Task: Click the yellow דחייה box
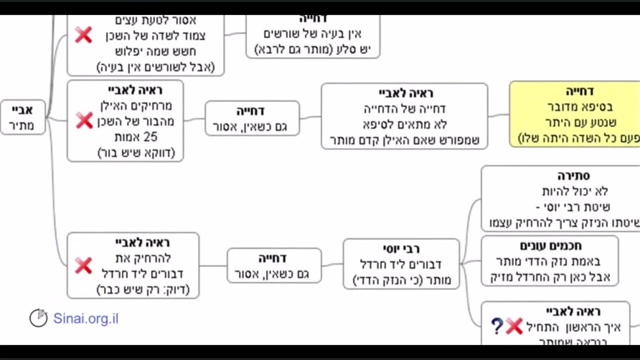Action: point(575,114)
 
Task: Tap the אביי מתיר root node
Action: point(22,117)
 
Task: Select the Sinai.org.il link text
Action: point(86,318)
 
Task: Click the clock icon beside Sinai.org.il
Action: point(38,318)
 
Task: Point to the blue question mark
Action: point(496,326)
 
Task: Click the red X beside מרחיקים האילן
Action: point(84,120)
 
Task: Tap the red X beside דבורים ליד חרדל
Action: point(83,265)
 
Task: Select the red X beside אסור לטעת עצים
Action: point(83,35)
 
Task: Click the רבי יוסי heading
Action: point(401,248)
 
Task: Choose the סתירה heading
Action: point(573,175)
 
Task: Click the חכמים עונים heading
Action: point(550,245)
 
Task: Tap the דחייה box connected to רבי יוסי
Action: point(274,265)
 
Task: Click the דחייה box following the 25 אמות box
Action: point(252,118)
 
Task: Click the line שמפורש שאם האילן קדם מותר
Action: point(404,140)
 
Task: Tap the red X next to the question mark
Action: point(514,326)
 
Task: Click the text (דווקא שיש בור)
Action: point(136,152)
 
